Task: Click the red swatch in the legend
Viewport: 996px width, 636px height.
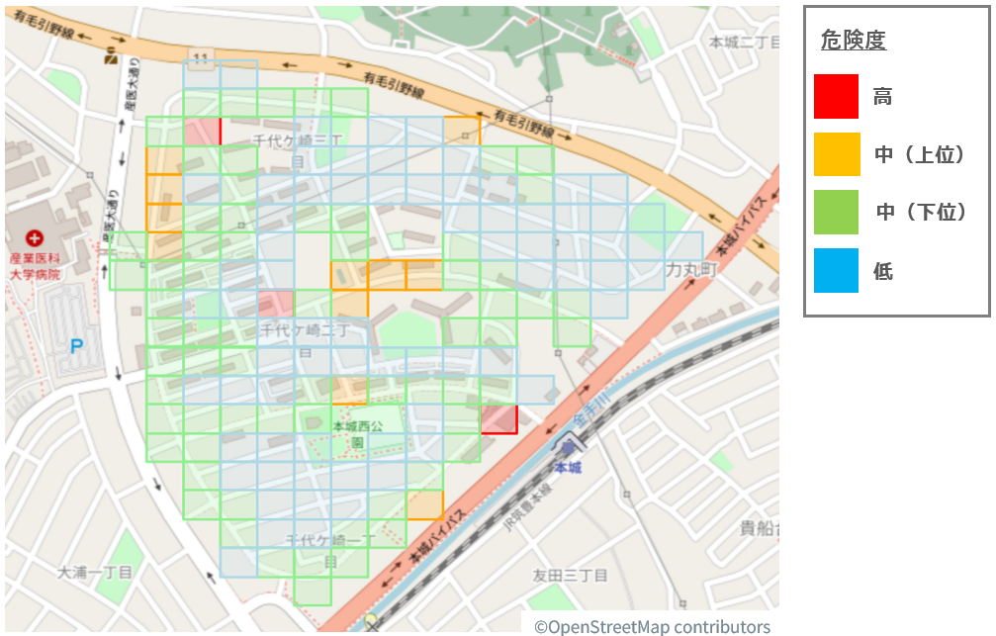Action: pyautogui.click(x=836, y=97)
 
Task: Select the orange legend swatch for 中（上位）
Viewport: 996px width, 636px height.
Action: pyautogui.click(x=836, y=154)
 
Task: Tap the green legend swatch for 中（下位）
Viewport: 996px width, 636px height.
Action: pyautogui.click(x=836, y=212)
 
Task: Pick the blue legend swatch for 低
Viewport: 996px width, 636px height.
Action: pyautogui.click(x=836, y=270)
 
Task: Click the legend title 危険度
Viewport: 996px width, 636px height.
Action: pyautogui.click(x=854, y=41)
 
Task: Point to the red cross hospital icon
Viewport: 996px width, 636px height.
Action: pyautogui.click(x=36, y=238)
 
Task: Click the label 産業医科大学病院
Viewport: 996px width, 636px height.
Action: pyautogui.click(x=35, y=265)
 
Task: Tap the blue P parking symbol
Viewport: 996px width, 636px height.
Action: pyautogui.click(x=76, y=347)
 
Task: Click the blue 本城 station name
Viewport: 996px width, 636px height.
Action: pyautogui.click(x=568, y=467)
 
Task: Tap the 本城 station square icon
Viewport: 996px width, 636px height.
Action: pyautogui.click(x=568, y=448)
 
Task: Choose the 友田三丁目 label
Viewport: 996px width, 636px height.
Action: pyautogui.click(x=570, y=576)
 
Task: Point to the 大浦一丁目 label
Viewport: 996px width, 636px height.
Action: pyautogui.click(x=94, y=572)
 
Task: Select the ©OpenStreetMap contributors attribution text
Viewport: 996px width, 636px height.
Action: pyautogui.click(x=652, y=626)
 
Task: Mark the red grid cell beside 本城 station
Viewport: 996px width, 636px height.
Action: pyautogui.click(x=499, y=418)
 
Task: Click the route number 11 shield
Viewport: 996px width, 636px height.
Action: pyautogui.click(x=202, y=58)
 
